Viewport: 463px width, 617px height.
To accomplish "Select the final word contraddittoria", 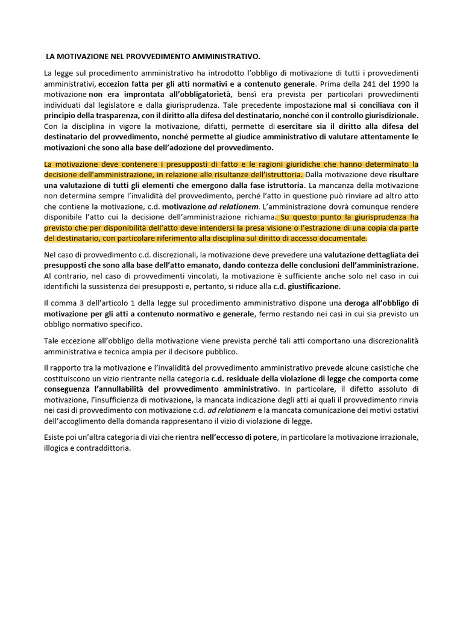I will tap(103, 448).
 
